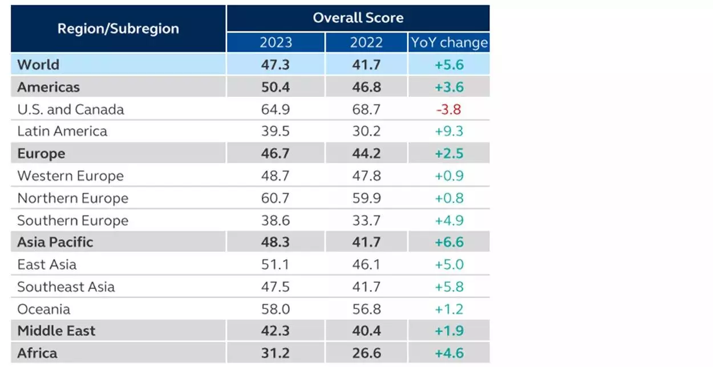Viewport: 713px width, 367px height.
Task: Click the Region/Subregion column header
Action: pyautogui.click(x=118, y=28)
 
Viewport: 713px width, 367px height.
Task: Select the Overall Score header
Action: pyautogui.click(x=358, y=18)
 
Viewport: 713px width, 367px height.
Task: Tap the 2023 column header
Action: pyautogui.click(x=276, y=43)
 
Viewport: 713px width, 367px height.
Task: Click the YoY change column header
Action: pyautogui.click(x=449, y=43)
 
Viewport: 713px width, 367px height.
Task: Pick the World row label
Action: pyautogui.click(x=38, y=64)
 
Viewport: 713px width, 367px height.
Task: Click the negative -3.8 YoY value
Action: pyautogui.click(x=449, y=109)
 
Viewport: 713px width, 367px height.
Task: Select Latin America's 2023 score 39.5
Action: pyautogui.click(x=275, y=131)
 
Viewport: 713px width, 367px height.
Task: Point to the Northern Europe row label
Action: pyautogui.click(x=72, y=198)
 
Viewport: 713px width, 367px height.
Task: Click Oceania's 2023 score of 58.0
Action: pyautogui.click(x=275, y=309)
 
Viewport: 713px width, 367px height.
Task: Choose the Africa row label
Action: pyautogui.click(x=37, y=353)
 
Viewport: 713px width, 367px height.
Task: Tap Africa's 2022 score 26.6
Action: pyautogui.click(x=366, y=353)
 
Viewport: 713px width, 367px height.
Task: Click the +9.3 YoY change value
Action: pyautogui.click(x=449, y=131)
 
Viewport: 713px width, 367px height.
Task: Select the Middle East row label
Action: pyautogui.click(x=56, y=331)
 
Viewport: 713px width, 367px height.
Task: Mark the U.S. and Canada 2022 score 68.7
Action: pyautogui.click(x=366, y=109)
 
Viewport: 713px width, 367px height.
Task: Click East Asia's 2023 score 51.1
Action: pyautogui.click(x=275, y=264)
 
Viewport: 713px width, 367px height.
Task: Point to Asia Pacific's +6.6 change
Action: pyautogui.click(x=449, y=242)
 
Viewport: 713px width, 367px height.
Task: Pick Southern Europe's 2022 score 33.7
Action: pyautogui.click(x=366, y=221)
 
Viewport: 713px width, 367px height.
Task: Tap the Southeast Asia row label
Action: pyautogui.click(x=66, y=287)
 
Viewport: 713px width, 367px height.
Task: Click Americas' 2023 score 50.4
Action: pyautogui.click(x=275, y=87)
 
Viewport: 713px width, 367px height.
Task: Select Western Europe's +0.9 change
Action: pyautogui.click(x=449, y=176)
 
